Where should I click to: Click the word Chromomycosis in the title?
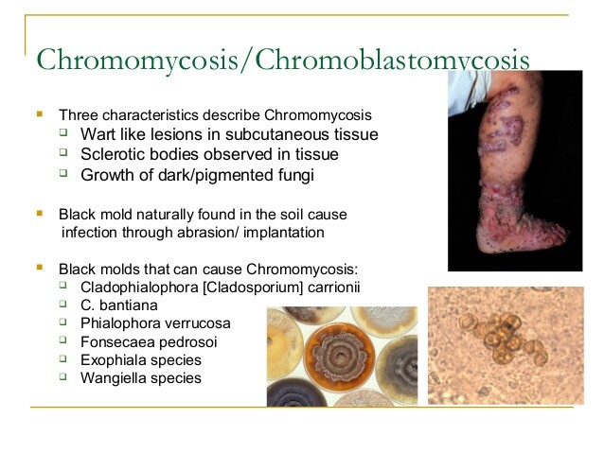point(137,60)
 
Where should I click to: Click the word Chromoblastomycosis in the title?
point(392,60)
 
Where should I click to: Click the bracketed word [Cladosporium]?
point(253,287)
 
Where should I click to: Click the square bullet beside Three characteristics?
point(40,113)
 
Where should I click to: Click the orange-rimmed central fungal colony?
point(339,357)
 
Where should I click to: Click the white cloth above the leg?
point(469,93)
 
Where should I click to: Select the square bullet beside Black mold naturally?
point(40,213)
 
